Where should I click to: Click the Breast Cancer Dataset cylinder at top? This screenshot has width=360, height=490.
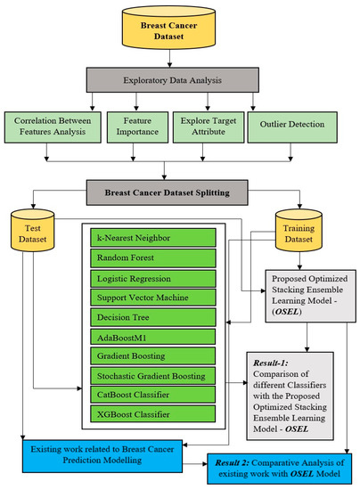point(180,31)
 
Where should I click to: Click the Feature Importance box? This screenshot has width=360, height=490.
point(135,126)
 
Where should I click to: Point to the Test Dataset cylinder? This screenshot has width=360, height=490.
point(32,233)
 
